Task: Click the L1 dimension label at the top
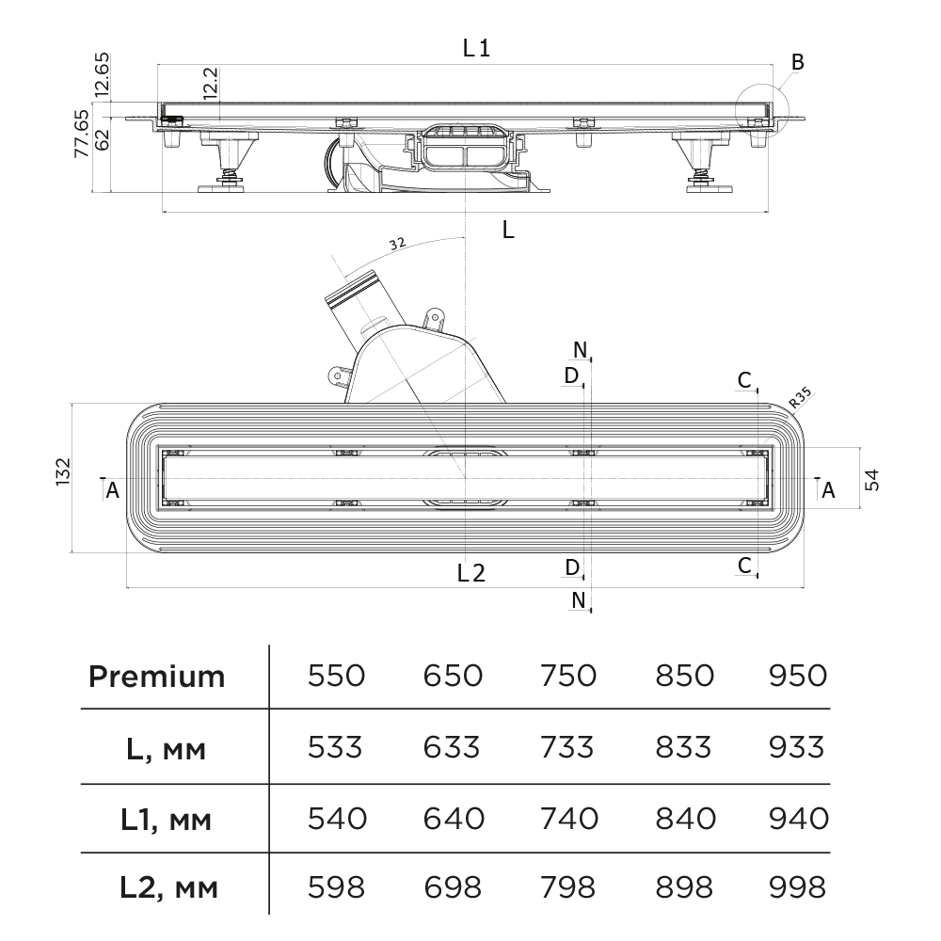click(x=476, y=48)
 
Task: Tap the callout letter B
click(x=797, y=63)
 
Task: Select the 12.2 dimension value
click(x=211, y=83)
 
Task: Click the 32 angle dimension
click(x=396, y=243)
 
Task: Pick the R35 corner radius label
click(x=800, y=398)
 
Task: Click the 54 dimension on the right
click(x=872, y=479)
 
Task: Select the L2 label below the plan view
click(x=470, y=572)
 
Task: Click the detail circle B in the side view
click(x=760, y=109)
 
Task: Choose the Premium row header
click(x=157, y=676)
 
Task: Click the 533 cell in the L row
click(x=336, y=747)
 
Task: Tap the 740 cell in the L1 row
click(x=569, y=818)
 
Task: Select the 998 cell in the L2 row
click(x=798, y=886)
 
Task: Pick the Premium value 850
click(x=683, y=676)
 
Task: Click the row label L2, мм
click(x=168, y=887)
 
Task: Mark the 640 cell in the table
click(x=454, y=818)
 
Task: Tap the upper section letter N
click(x=581, y=350)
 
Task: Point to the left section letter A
click(x=112, y=489)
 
